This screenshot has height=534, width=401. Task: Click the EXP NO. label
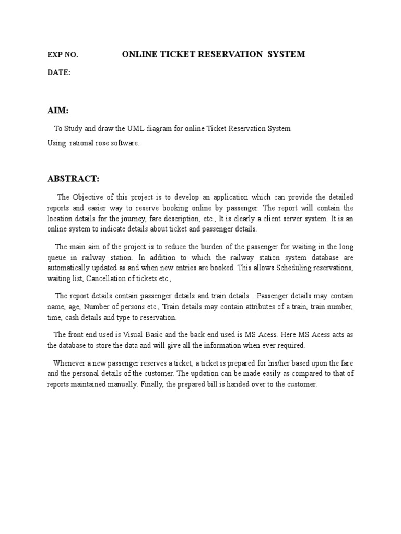63,55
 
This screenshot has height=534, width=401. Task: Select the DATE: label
58,73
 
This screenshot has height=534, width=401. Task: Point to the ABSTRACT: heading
73,179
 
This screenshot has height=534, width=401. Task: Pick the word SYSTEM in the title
286,54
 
